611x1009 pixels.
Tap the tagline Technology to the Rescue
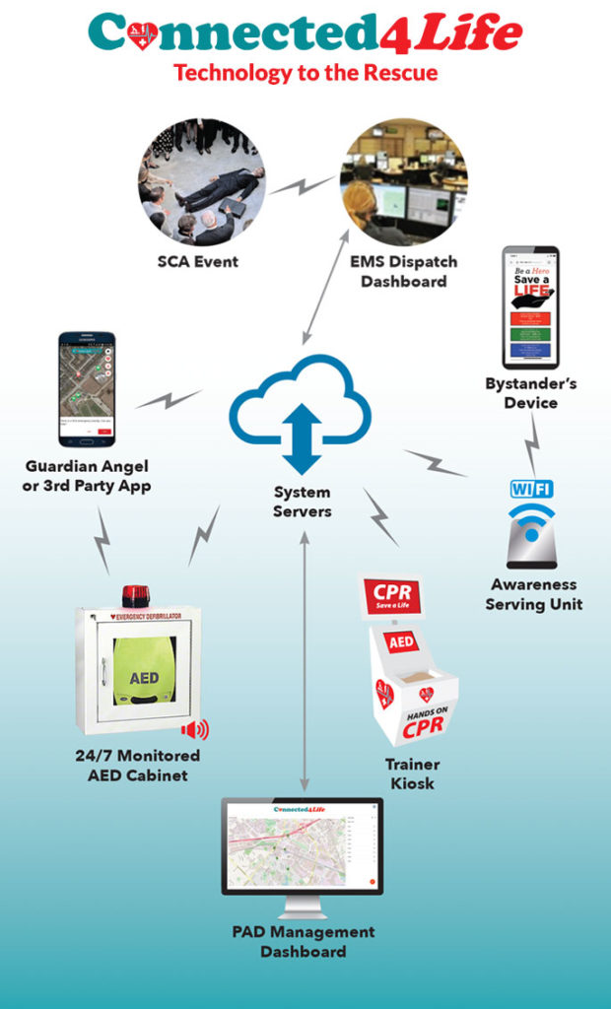point(305,72)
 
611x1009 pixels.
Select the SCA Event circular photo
point(202,181)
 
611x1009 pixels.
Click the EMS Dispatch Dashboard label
point(404,272)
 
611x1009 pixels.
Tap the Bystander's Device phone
point(530,306)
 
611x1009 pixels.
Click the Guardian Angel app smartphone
point(87,388)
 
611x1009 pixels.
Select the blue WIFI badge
point(531,488)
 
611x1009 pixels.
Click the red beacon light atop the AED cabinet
point(135,595)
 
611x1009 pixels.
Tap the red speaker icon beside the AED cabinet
point(195,729)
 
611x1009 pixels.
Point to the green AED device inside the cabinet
point(144,677)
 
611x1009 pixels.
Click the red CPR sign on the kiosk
point(391,596)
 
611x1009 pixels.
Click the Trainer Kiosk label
point(412,774)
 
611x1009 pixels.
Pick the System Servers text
point(303,502)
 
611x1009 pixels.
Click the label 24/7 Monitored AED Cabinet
point(138,765)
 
